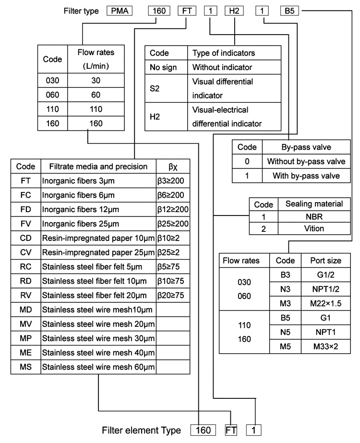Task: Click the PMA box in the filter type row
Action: pos(120,11)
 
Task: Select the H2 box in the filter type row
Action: pos(234,11)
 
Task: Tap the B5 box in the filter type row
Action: pos(289,11)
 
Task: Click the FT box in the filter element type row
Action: pos(231,430)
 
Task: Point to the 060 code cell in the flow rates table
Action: pos(52,95)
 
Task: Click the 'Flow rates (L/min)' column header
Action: pos(96,59)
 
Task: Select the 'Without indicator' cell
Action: pos(234,67)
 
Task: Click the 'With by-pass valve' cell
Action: pos(306,176)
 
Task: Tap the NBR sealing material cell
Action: pos(314,216)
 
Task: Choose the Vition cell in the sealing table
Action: pos(314,228)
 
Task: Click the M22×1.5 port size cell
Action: pos(326,303)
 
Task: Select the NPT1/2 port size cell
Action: pos(326,289)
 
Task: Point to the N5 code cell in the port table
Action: pos(286,332)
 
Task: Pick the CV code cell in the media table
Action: pos(26,252)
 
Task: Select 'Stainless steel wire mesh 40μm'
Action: pos(98,353)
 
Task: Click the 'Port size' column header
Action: pos(326,261)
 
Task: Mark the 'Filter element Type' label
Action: pos(141,431)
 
